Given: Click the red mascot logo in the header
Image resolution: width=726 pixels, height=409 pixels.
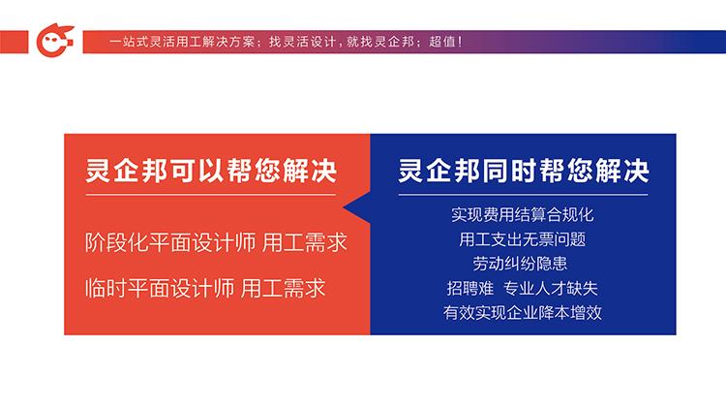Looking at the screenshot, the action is [55, 41].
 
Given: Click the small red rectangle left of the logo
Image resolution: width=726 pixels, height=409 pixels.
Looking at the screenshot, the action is [14, 42].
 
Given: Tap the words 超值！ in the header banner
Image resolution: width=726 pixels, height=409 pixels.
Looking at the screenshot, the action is [445, 42].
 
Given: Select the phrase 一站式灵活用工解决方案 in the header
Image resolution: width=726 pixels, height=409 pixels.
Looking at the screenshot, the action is [182, 42].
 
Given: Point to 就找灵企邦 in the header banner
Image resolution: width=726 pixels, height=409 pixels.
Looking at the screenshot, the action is [380, 42].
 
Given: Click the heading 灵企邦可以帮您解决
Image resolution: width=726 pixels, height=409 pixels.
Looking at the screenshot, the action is [211, 171].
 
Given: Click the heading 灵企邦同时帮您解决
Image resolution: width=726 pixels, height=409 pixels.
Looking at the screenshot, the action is [523, 171].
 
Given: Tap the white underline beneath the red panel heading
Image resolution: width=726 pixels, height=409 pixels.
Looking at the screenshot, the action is [211, 195].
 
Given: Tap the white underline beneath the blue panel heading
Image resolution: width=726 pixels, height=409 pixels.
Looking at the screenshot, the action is [523, 195].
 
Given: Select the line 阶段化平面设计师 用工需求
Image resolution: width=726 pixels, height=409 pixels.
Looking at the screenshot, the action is [216, 242].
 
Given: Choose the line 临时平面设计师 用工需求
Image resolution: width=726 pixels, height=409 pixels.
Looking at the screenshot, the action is [205, 288].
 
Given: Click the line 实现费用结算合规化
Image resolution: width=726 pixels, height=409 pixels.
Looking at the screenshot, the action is [523, 215].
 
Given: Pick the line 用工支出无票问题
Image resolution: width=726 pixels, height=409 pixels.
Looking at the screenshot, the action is [523, 239].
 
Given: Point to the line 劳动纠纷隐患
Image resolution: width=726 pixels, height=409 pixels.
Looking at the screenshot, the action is [520, 264].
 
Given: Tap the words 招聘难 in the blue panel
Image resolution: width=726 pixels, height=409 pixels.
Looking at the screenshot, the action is [470, 288].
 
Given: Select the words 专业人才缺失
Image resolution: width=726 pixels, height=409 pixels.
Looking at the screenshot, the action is [551, 288].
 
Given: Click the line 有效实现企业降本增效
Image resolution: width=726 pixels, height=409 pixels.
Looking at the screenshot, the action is [523, 312].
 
